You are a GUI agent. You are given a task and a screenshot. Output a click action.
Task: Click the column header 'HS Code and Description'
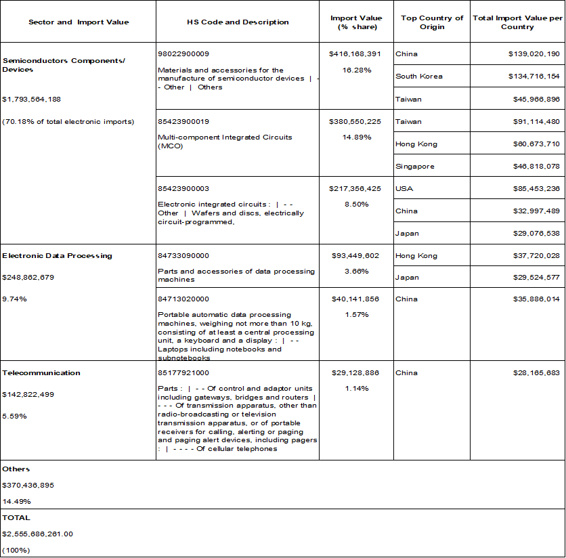point(238,22)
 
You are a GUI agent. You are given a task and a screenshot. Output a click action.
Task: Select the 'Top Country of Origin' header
point(432,22)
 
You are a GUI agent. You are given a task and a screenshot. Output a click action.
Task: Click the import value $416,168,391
point(355,53)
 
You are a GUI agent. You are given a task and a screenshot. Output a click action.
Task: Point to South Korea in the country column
point(418,77)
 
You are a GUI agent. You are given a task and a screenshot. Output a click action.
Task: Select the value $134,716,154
point(534,77)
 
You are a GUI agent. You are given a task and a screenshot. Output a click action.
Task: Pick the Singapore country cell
point(415,166)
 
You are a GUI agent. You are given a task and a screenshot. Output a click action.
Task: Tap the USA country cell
point(404,188)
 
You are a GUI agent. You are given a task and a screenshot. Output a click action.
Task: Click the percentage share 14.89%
point(355,137)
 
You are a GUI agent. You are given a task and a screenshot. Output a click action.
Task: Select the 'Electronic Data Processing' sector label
point(57,256)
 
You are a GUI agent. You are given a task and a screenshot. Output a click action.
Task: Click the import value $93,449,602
point(355,256)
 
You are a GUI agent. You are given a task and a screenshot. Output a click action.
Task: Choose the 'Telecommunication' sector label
point(41,373)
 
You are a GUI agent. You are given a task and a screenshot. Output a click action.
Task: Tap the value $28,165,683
point(534,373)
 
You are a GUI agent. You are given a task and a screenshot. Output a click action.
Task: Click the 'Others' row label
point(16,469)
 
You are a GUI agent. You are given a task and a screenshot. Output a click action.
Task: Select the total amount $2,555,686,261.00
point(37,534)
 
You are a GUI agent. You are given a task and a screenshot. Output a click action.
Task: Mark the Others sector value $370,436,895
point(28,485)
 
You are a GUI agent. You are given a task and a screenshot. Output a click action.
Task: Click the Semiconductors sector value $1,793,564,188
point(32,100)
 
